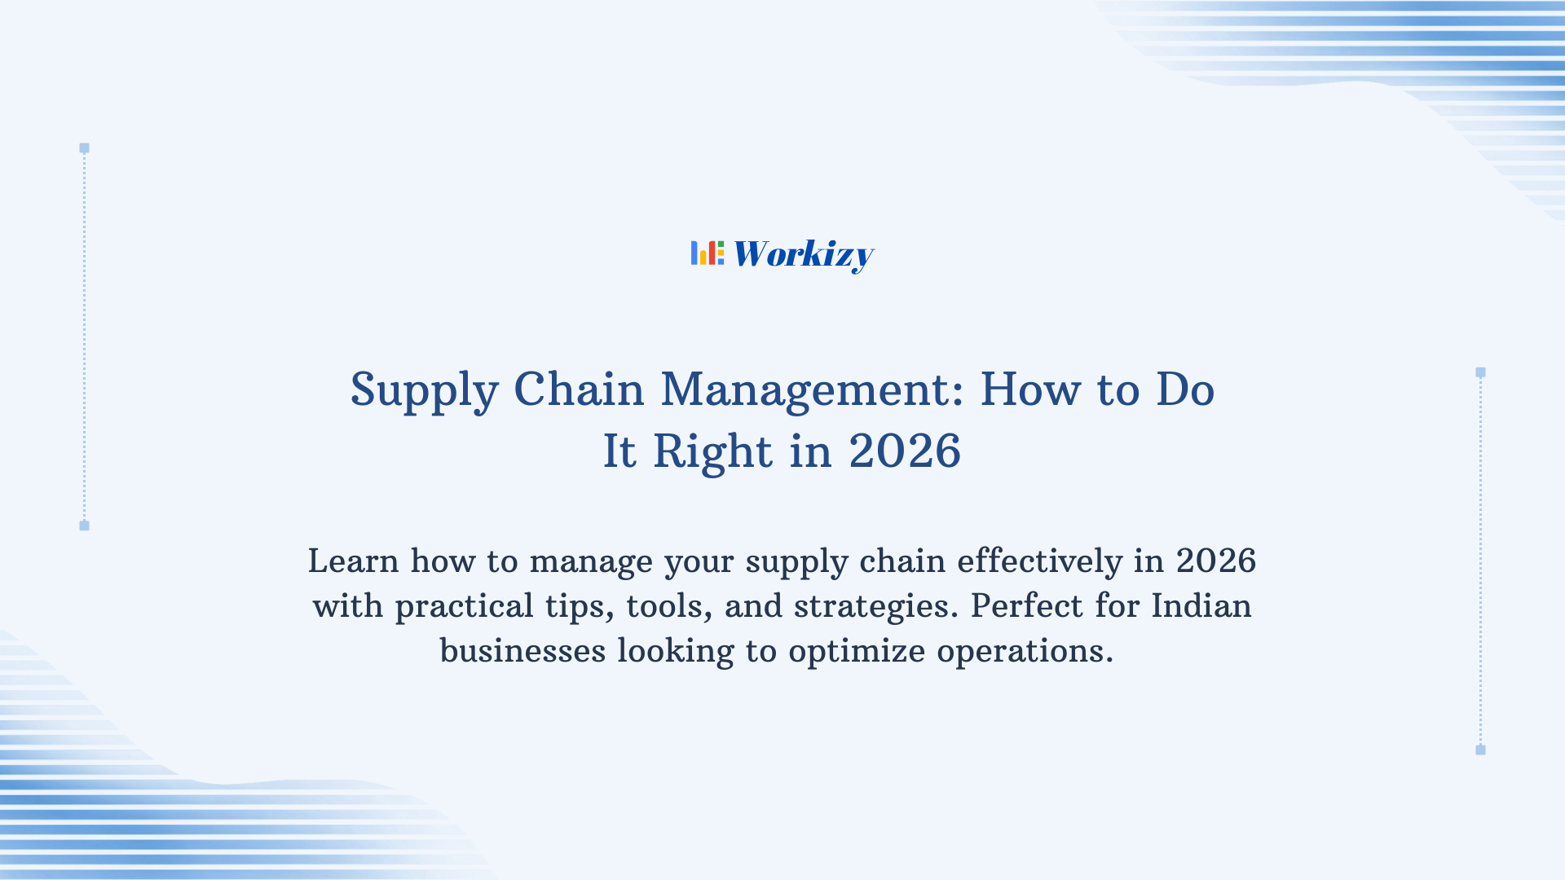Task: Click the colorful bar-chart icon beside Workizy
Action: (x=707, y=253)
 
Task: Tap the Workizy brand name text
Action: (x=803, y=255)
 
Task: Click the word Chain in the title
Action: (x=579, y=389)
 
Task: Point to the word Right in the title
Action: (x=712, y=451)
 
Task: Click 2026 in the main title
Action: (x=905, y=451)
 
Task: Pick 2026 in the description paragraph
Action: (x=1215, y=561)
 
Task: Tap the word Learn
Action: (x=353, y=561)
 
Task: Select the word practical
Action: (x=464, y=607)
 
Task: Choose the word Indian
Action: (x=1201, y=606)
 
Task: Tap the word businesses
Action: (x=522, y=651)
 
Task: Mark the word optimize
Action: (x=857, y=652)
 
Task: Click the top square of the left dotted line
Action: (x=84, y=148)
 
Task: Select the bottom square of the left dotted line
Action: (x=84, y=526)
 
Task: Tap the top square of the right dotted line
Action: (x=1480, y=372)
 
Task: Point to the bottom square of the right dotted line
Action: (x=1480, y=750)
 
